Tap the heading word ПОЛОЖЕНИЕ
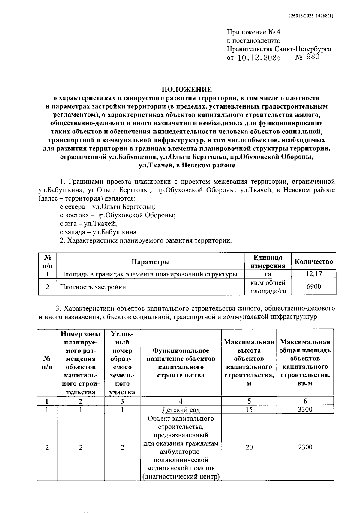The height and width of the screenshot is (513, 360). coord(187,89)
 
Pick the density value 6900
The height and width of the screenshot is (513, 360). coord(313,287)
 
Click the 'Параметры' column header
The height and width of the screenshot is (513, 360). coord(151,262)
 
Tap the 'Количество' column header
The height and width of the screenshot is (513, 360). coord(314,261)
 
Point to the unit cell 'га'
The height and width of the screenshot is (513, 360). coord(268,274)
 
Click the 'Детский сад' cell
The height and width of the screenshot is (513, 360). coord(181,410)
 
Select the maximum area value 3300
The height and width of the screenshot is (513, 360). coord(305,409)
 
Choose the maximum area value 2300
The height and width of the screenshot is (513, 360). coord(305,447)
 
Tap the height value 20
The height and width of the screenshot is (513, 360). coord(249,447)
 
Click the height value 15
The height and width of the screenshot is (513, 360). coord(249,409)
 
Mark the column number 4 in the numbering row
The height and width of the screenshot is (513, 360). coord(181,401)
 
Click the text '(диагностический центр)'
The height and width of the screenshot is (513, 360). coord(181,476)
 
